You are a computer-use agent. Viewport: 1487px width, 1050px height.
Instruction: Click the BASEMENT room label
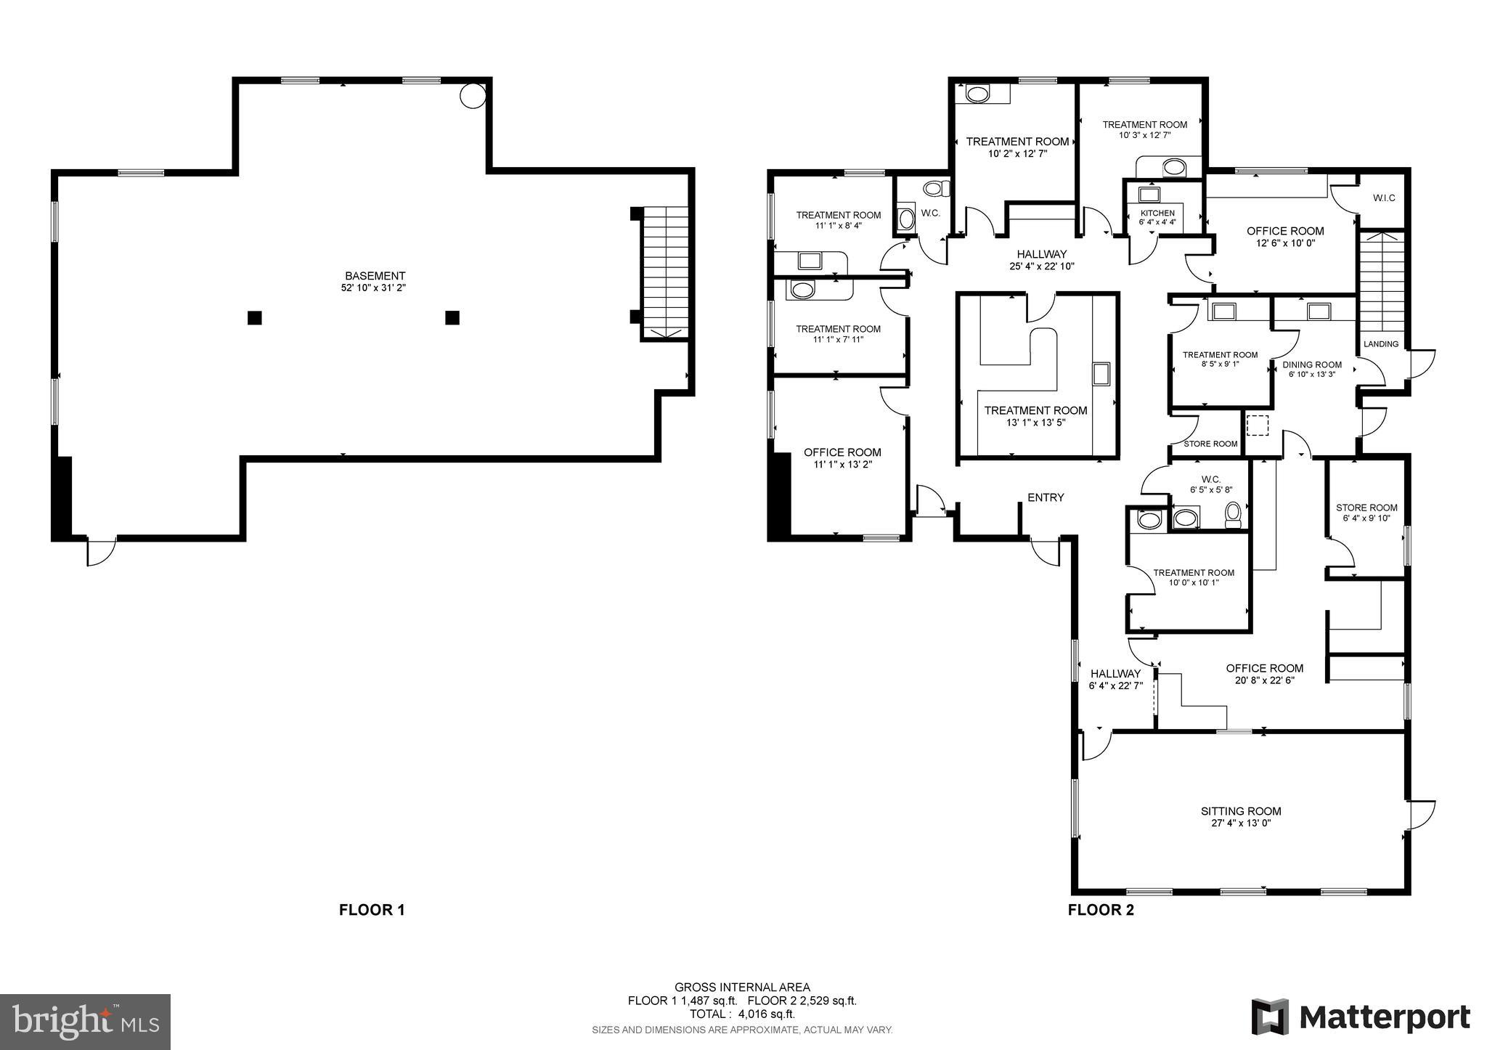tap(375, 276)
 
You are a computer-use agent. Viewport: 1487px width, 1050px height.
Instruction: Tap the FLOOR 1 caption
tap(372, 910)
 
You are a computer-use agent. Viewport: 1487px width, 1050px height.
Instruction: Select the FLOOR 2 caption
tap(1101, 910)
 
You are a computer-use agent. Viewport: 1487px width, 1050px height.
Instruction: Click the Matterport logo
tap(1361, 1017)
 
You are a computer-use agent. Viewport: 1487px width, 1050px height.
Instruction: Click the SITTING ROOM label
tap(1241, 811)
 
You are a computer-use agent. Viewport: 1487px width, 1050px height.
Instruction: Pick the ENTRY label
tap(1046, 497)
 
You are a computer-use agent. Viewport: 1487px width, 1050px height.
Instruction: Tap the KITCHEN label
tap(1157, 213)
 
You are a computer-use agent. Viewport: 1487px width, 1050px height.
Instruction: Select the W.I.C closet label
tap(1384, 198)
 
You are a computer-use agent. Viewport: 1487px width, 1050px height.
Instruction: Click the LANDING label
tap(1381, 344)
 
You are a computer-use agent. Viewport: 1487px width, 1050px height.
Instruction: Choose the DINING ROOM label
tap(1312, 365)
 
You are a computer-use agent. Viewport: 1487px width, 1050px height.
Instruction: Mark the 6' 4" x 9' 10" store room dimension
tap(1366, 518)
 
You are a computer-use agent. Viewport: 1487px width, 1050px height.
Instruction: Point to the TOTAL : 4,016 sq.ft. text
tap(742, 1014)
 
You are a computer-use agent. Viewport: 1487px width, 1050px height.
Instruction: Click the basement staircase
tap(664, 272)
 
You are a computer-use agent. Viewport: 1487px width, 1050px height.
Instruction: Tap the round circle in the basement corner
tap(473, 94)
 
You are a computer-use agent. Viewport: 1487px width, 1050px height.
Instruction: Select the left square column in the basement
tap(254, 317)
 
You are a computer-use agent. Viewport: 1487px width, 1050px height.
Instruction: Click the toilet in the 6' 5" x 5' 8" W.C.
tap(1232, 515)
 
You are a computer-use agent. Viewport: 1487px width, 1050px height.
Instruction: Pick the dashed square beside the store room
tap(1257, 424)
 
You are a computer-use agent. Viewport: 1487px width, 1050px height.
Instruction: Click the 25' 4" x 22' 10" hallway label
tap(1041, 266)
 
